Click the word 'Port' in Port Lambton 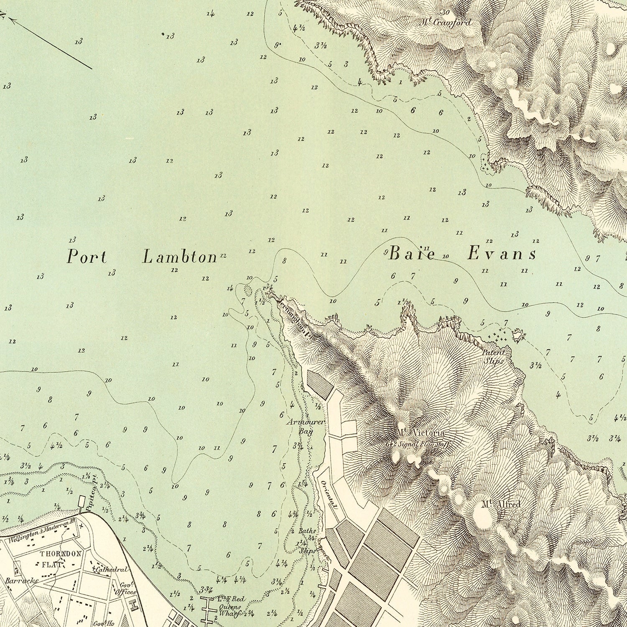(x=87, y=257)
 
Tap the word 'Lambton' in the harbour (x=180, y=257)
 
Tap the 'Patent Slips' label (x=493, y=357)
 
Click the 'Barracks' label (x=22, y=581)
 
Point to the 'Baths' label (x=307, y=531)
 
